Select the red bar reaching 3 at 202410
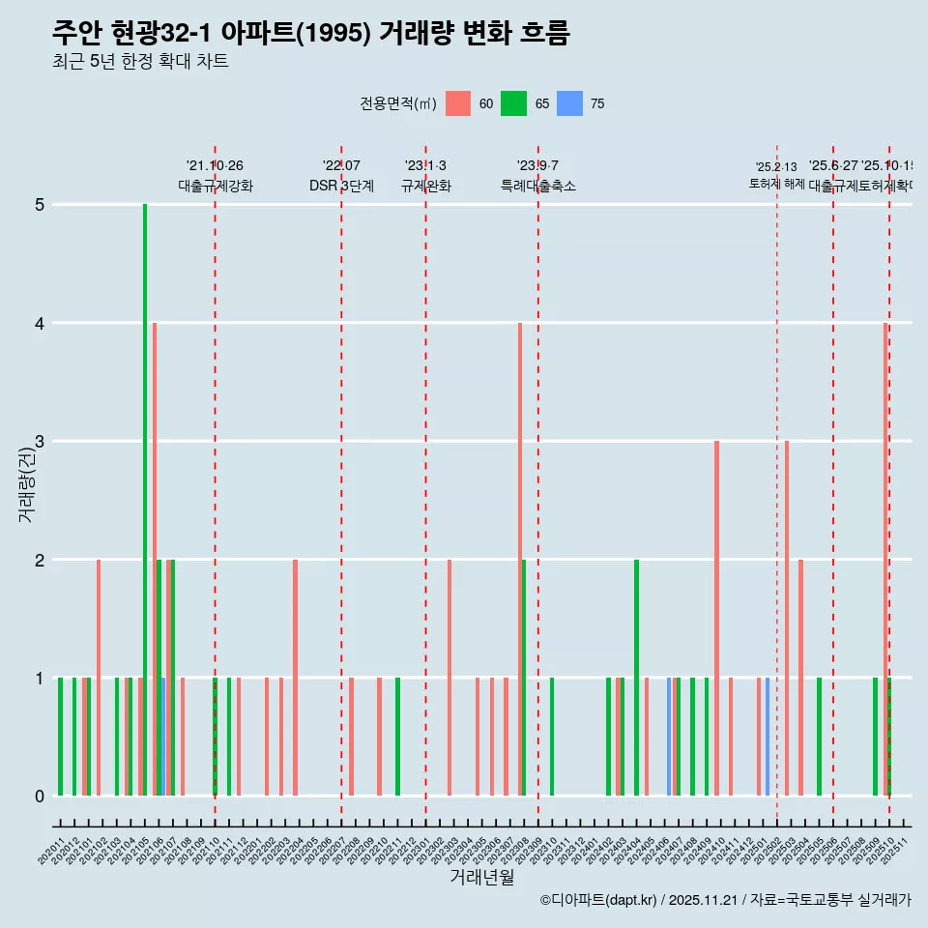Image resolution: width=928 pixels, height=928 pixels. click(716, 619)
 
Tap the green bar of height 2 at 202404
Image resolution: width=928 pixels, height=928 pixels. click(636, 678)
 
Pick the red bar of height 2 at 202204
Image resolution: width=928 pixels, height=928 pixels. click(295, 678)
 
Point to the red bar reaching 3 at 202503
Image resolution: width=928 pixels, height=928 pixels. click(787, 619)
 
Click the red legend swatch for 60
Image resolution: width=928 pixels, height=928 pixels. click(458, 103)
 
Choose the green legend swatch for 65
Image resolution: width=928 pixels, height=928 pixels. click(513, 103)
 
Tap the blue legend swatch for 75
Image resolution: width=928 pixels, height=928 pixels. click(569, 103)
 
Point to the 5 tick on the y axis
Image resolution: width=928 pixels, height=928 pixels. click(40, 204)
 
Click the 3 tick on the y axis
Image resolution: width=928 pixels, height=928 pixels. click(40, 441)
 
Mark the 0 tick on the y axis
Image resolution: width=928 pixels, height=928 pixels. click(40, 797)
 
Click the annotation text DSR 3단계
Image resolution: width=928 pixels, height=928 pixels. click(341, 186)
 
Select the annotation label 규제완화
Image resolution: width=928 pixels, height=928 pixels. click(425, 186)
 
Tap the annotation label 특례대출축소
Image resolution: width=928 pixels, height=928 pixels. click(537, 186)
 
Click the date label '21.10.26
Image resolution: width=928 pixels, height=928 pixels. click(215, 165)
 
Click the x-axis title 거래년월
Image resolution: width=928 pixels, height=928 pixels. click(481, 877)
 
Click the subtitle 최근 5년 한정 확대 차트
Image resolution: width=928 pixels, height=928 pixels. click(140, 62)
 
